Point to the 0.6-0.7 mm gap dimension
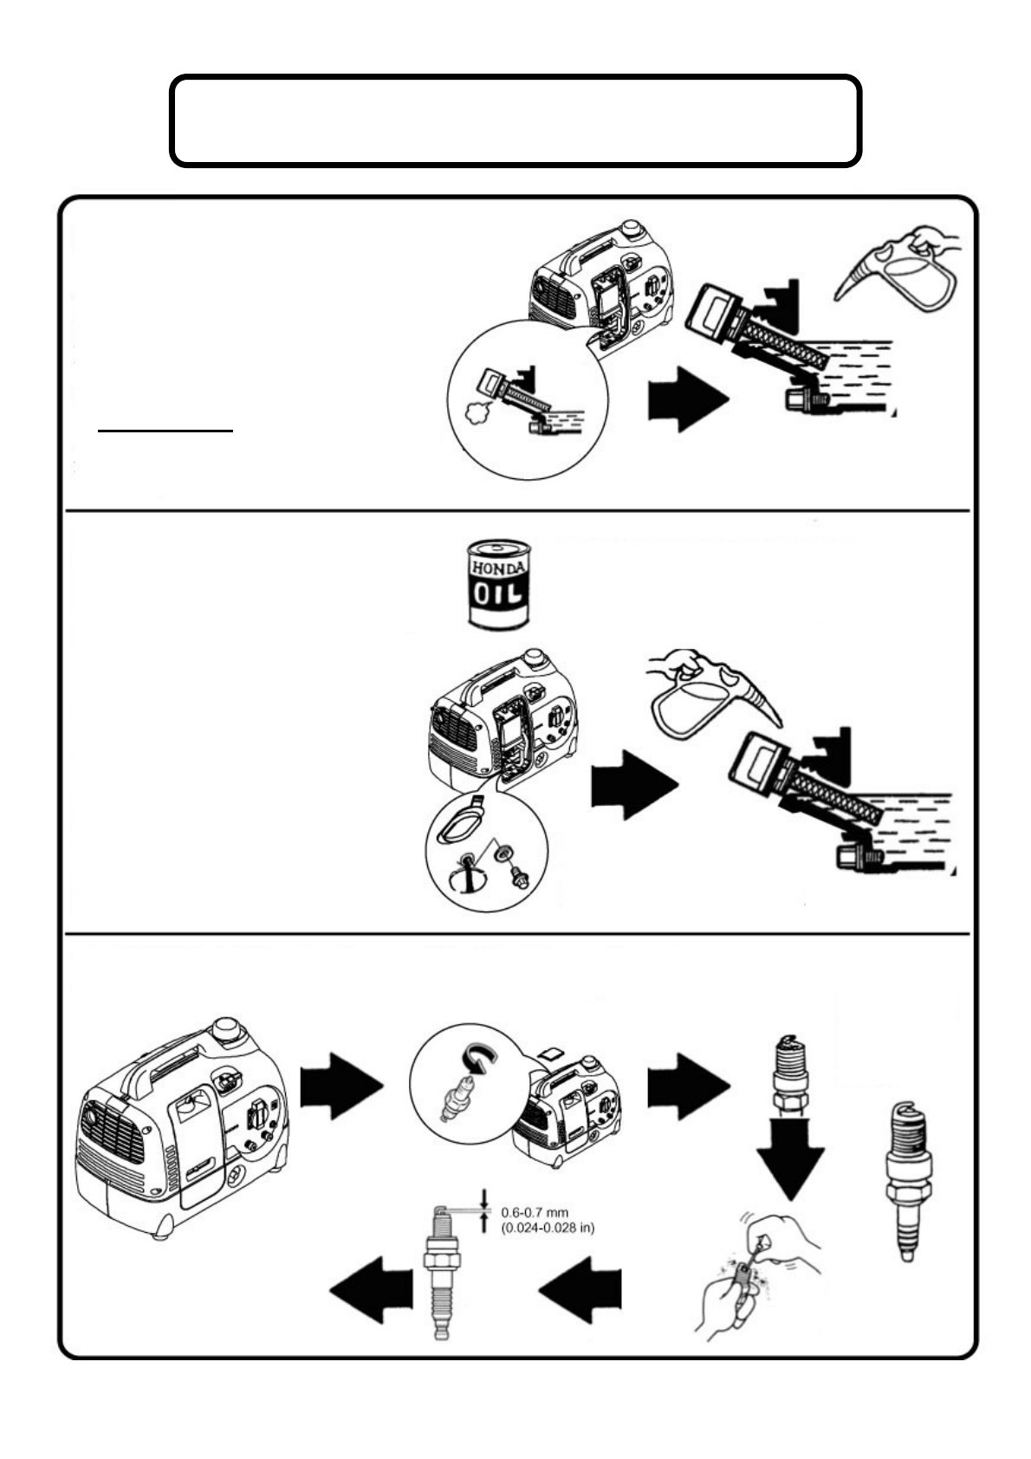point(535,1213)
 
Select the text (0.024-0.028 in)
point(548,1228)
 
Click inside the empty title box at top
point(515,120)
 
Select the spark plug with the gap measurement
point(444,1274)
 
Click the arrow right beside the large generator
point(340,1087)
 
